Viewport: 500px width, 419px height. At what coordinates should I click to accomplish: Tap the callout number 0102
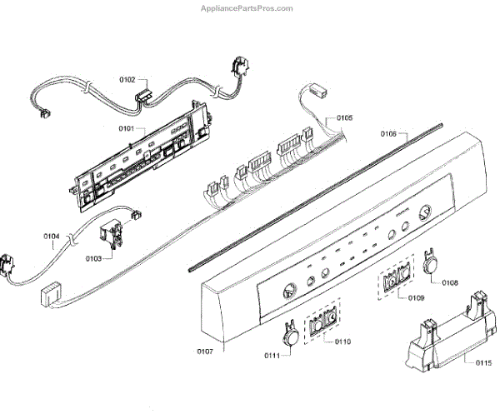point(127,80)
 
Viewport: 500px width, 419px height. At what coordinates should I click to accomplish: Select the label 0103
point(93,259)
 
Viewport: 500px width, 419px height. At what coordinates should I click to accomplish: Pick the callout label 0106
point(389,133)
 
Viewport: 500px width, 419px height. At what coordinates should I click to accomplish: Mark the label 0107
point(205,352)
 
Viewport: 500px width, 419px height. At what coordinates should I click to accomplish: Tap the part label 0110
point(342,342)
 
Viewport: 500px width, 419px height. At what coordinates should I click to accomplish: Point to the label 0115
point(484,362)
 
